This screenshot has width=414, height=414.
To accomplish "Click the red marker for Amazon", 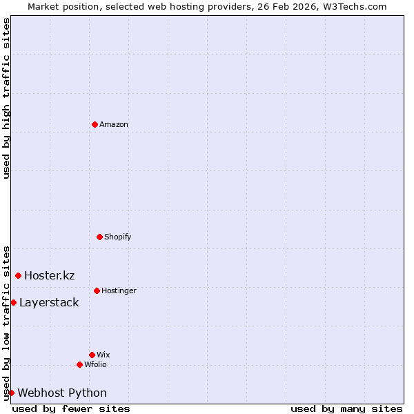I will pos(95,124).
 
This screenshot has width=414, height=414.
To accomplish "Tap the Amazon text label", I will pos(114,125).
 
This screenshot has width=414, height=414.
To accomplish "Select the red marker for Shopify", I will pos(99,237).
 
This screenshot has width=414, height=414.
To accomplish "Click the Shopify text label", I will pos(117,237).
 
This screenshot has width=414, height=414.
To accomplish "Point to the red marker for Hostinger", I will pos(97,290).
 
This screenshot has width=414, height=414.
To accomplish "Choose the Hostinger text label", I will pos(119,291).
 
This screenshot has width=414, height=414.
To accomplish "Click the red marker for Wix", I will pos(92,355).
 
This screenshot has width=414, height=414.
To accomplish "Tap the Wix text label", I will pos(103,355).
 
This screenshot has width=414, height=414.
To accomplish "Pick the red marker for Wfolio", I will pos(79,364).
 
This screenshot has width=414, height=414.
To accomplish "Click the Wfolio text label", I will pos(95,365).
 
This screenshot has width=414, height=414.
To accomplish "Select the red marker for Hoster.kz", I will pos(18,275).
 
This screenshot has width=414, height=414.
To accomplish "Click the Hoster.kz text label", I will pos(49,276).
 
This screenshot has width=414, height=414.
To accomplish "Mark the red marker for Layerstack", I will pos(13,302).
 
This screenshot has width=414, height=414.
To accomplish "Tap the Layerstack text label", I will pos(49,303).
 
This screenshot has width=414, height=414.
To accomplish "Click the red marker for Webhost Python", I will pos(11,393).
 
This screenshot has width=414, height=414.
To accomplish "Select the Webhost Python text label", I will pos(62,393).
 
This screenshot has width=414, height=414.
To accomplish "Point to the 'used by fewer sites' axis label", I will pos(71,409).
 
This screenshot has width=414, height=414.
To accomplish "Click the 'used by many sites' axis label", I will pos(346,409).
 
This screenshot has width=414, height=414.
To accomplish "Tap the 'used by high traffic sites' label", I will pos(6,98).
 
